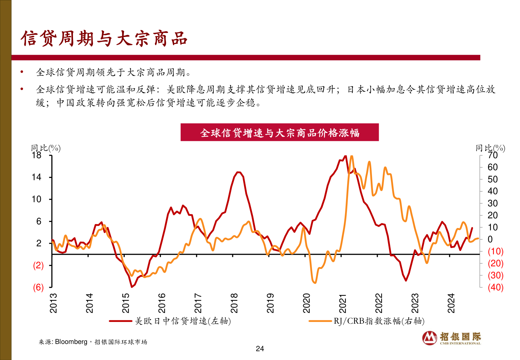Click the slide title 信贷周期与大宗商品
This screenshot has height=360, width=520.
tap(104, 38)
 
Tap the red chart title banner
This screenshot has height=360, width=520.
tap(279, 132)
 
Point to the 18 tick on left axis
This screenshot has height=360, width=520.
tap(37, 155)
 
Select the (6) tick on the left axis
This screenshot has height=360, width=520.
tap(38, 287)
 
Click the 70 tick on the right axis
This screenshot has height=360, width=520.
tap(493, 156)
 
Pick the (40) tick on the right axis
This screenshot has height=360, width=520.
tap(495, 287)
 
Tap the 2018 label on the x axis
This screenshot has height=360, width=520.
tap(234, 303)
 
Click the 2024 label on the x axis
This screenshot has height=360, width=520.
tap(451, 303)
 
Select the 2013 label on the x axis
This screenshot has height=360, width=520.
tap(53, 303)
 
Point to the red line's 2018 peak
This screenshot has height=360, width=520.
tap(238, 172)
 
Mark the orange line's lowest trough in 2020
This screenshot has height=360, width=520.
tap(315, 283)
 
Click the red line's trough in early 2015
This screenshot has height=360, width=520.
tap(132, 286)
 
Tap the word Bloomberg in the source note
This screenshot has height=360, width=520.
tap(71, 342)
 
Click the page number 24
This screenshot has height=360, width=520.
tap(260, 349)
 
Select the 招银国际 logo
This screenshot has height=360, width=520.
tap(452, 338)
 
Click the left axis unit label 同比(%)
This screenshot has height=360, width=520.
tap(46, 148)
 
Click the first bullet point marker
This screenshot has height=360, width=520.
tap(22, 72)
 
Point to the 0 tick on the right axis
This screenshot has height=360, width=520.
tap(490, 239)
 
